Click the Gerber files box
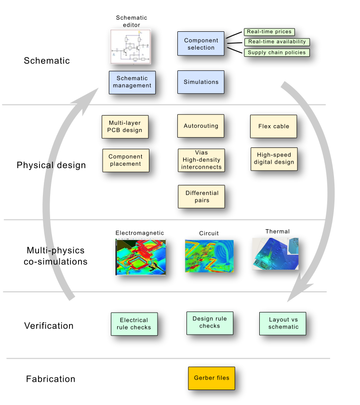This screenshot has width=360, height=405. [x=212, y=378]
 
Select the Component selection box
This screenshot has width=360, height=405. [x=201, y=44]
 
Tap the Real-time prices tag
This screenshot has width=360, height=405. [x=269, y=32]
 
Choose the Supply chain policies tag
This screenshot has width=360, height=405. [x=277, y=52]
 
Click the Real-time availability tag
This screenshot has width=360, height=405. [x=277, y=42]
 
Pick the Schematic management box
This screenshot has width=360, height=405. [x=132, y=82]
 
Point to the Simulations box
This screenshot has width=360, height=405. [x=201, y=82]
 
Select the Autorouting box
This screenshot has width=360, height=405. [x=201, y=126]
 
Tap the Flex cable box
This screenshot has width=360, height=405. [x=274, y=127]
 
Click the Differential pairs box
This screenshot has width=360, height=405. [x=202, y=196]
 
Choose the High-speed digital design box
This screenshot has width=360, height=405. [x=274, y=159]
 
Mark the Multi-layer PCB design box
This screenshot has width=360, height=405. [x=125, y=127]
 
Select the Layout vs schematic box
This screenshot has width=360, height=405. [x=282, y=324]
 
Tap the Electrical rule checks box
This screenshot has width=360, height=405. [x=134, y=324]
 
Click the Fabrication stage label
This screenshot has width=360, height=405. [x=51, y=379]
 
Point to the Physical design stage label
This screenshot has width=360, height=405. [x=51, y=165]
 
